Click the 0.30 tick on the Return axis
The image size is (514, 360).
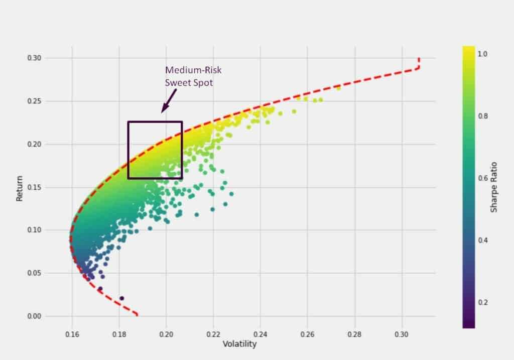click(x=34, y=58)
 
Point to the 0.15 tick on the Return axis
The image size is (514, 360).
click(x=34, y=187)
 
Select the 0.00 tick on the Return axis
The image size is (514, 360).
click(x=34, y=316)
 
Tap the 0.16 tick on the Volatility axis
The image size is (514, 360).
click(x=72, y=333)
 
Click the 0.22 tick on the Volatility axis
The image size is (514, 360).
click(x=213, y=333)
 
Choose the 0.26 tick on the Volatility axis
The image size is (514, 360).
click(x=308, y=333)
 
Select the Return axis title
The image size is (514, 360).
click(x=20, y=188)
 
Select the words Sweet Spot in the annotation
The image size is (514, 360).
click(x=189, y=82)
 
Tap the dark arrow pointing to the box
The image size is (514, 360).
click(x=167, y=100)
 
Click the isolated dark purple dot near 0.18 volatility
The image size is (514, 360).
click(x=121, y=298)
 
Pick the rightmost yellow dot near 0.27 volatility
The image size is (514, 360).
click(x=338, y=88)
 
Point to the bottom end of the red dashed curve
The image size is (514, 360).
click(x=137, y=315)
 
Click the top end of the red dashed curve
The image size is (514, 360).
click(x=419, y=59)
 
